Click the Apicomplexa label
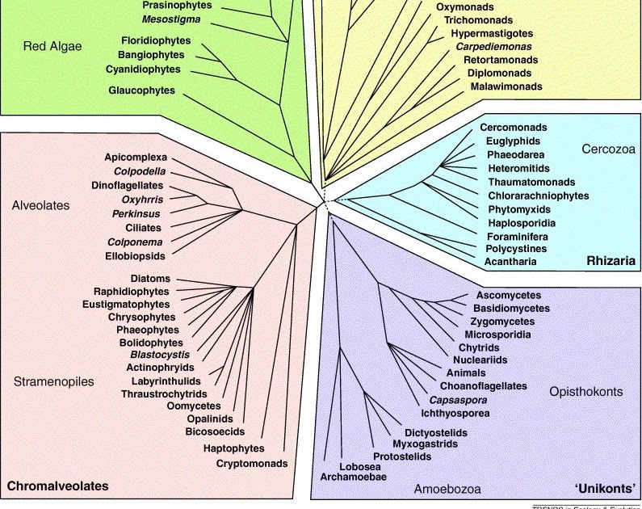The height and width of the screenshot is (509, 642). coord(135,156)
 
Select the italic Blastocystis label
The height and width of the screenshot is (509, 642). coord(160,355)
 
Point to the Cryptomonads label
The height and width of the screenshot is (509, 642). coord(251,463)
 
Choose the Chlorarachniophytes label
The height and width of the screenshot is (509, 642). coord(538,196)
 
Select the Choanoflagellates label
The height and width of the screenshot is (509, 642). coord(483,386)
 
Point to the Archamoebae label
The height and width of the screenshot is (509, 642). coord(354,477)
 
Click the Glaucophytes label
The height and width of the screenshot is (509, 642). coord(141,90)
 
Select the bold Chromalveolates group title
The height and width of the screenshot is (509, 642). coord(57,486)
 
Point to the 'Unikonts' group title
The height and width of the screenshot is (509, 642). coord(606,488)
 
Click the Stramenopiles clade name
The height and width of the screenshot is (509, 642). coord(54,381)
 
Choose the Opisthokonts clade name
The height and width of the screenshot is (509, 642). coord(585,391)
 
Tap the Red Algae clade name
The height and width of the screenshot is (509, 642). coord(52,46)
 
